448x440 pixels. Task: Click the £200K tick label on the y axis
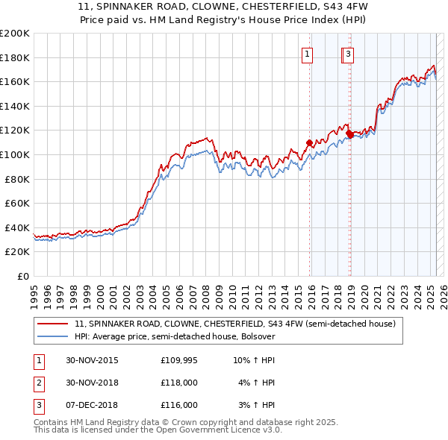[15, 34]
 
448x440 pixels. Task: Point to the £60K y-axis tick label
[16, 203]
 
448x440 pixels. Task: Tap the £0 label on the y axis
[22, 276]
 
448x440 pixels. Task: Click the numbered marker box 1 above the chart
[308, 54]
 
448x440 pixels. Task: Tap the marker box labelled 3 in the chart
[349, 54]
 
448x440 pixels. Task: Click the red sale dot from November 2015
[309, 142]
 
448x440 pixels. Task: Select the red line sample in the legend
[52, 324]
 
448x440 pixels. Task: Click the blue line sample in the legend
[52, 336]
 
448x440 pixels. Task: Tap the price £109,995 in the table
[179, 360]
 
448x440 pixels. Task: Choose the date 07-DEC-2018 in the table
[92, 405]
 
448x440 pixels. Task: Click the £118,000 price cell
[179, 383]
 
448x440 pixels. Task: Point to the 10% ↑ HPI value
[254, 360]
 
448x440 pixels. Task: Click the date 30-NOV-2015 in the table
[92, 360]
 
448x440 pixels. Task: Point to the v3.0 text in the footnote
[270, 430]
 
